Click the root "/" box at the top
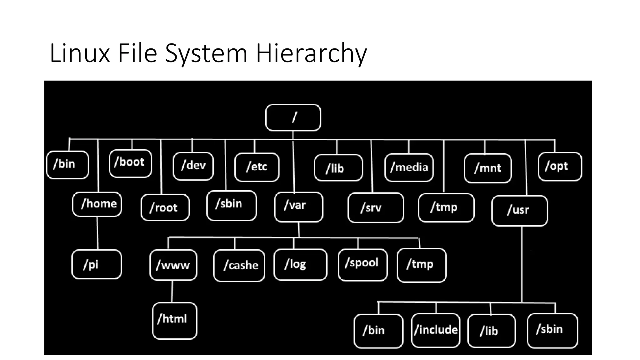click(293, 117)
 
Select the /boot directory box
click(131, 163)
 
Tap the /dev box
click(193, 166)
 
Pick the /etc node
click(257, 167)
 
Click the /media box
click(409, 167)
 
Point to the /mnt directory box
click(487, 168)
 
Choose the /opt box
click(560, 166)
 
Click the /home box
click(97, 204)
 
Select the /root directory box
click(165, 207)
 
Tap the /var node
click(299, 207)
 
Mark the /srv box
click(376, 207)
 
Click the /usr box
click(519, 210)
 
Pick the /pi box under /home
click(97, 264)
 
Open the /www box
click(173, 265)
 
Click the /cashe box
click(239, 266)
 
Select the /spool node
click(362, 265)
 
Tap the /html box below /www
click(175, 320)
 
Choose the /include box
click(436, 330)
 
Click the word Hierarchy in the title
click(311, 53)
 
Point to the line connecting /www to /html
click(172, 291)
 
